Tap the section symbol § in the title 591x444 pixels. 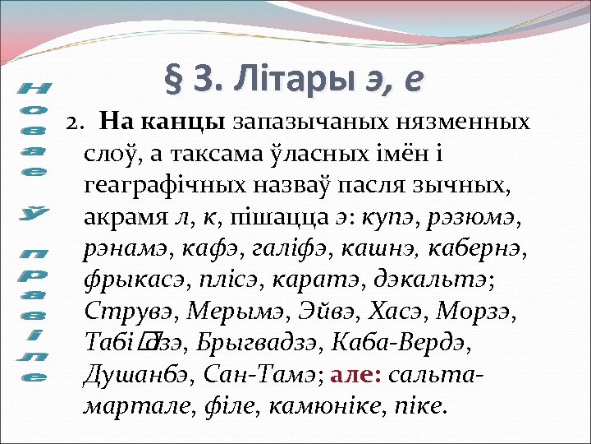[x=174, y=79]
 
